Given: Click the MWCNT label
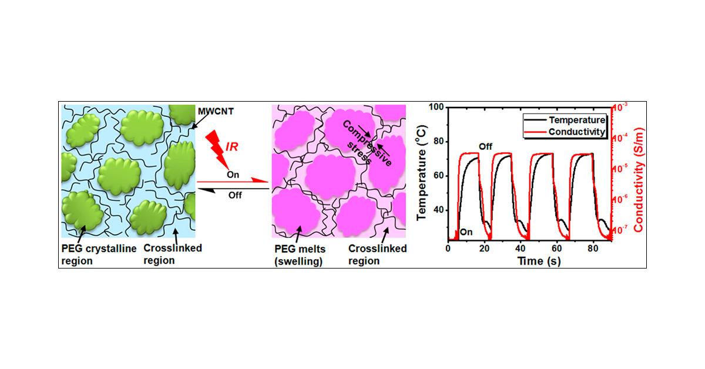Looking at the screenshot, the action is pos(216,111).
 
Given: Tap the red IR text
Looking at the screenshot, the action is pos(231,147).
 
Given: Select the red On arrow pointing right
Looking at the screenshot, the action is pos(233,181).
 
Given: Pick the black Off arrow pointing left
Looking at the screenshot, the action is pos(233,189).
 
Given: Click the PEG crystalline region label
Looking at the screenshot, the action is pos(99,254).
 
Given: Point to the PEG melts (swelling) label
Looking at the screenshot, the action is pos(300,255).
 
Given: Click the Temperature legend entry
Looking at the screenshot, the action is pos(565,120).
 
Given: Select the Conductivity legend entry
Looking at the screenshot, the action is pos(565,132).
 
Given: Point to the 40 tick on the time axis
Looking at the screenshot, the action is pos(521,249).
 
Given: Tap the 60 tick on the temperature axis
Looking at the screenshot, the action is pos(439,176).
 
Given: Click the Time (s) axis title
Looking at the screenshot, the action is pos(539,261).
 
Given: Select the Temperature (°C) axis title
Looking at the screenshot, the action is pos(421,173).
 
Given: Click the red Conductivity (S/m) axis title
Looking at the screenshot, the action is pos(639,180).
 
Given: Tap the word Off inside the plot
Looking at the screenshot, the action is pos(485,146).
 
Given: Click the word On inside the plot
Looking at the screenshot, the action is pos(466,232).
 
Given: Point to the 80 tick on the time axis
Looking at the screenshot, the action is pos(593,249).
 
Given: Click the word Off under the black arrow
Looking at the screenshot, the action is pos(235,195).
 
